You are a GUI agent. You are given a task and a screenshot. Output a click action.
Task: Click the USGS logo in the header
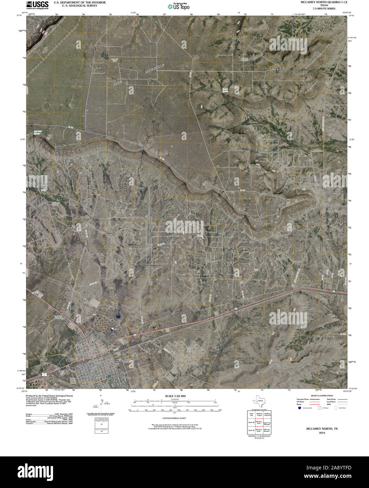coord(37,5)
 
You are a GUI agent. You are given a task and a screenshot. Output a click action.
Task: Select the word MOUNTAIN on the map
coord(154,69)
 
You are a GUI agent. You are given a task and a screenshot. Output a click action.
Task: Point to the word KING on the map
coord(117,84)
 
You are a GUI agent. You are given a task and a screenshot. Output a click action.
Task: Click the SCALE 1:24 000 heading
coord(175,396)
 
